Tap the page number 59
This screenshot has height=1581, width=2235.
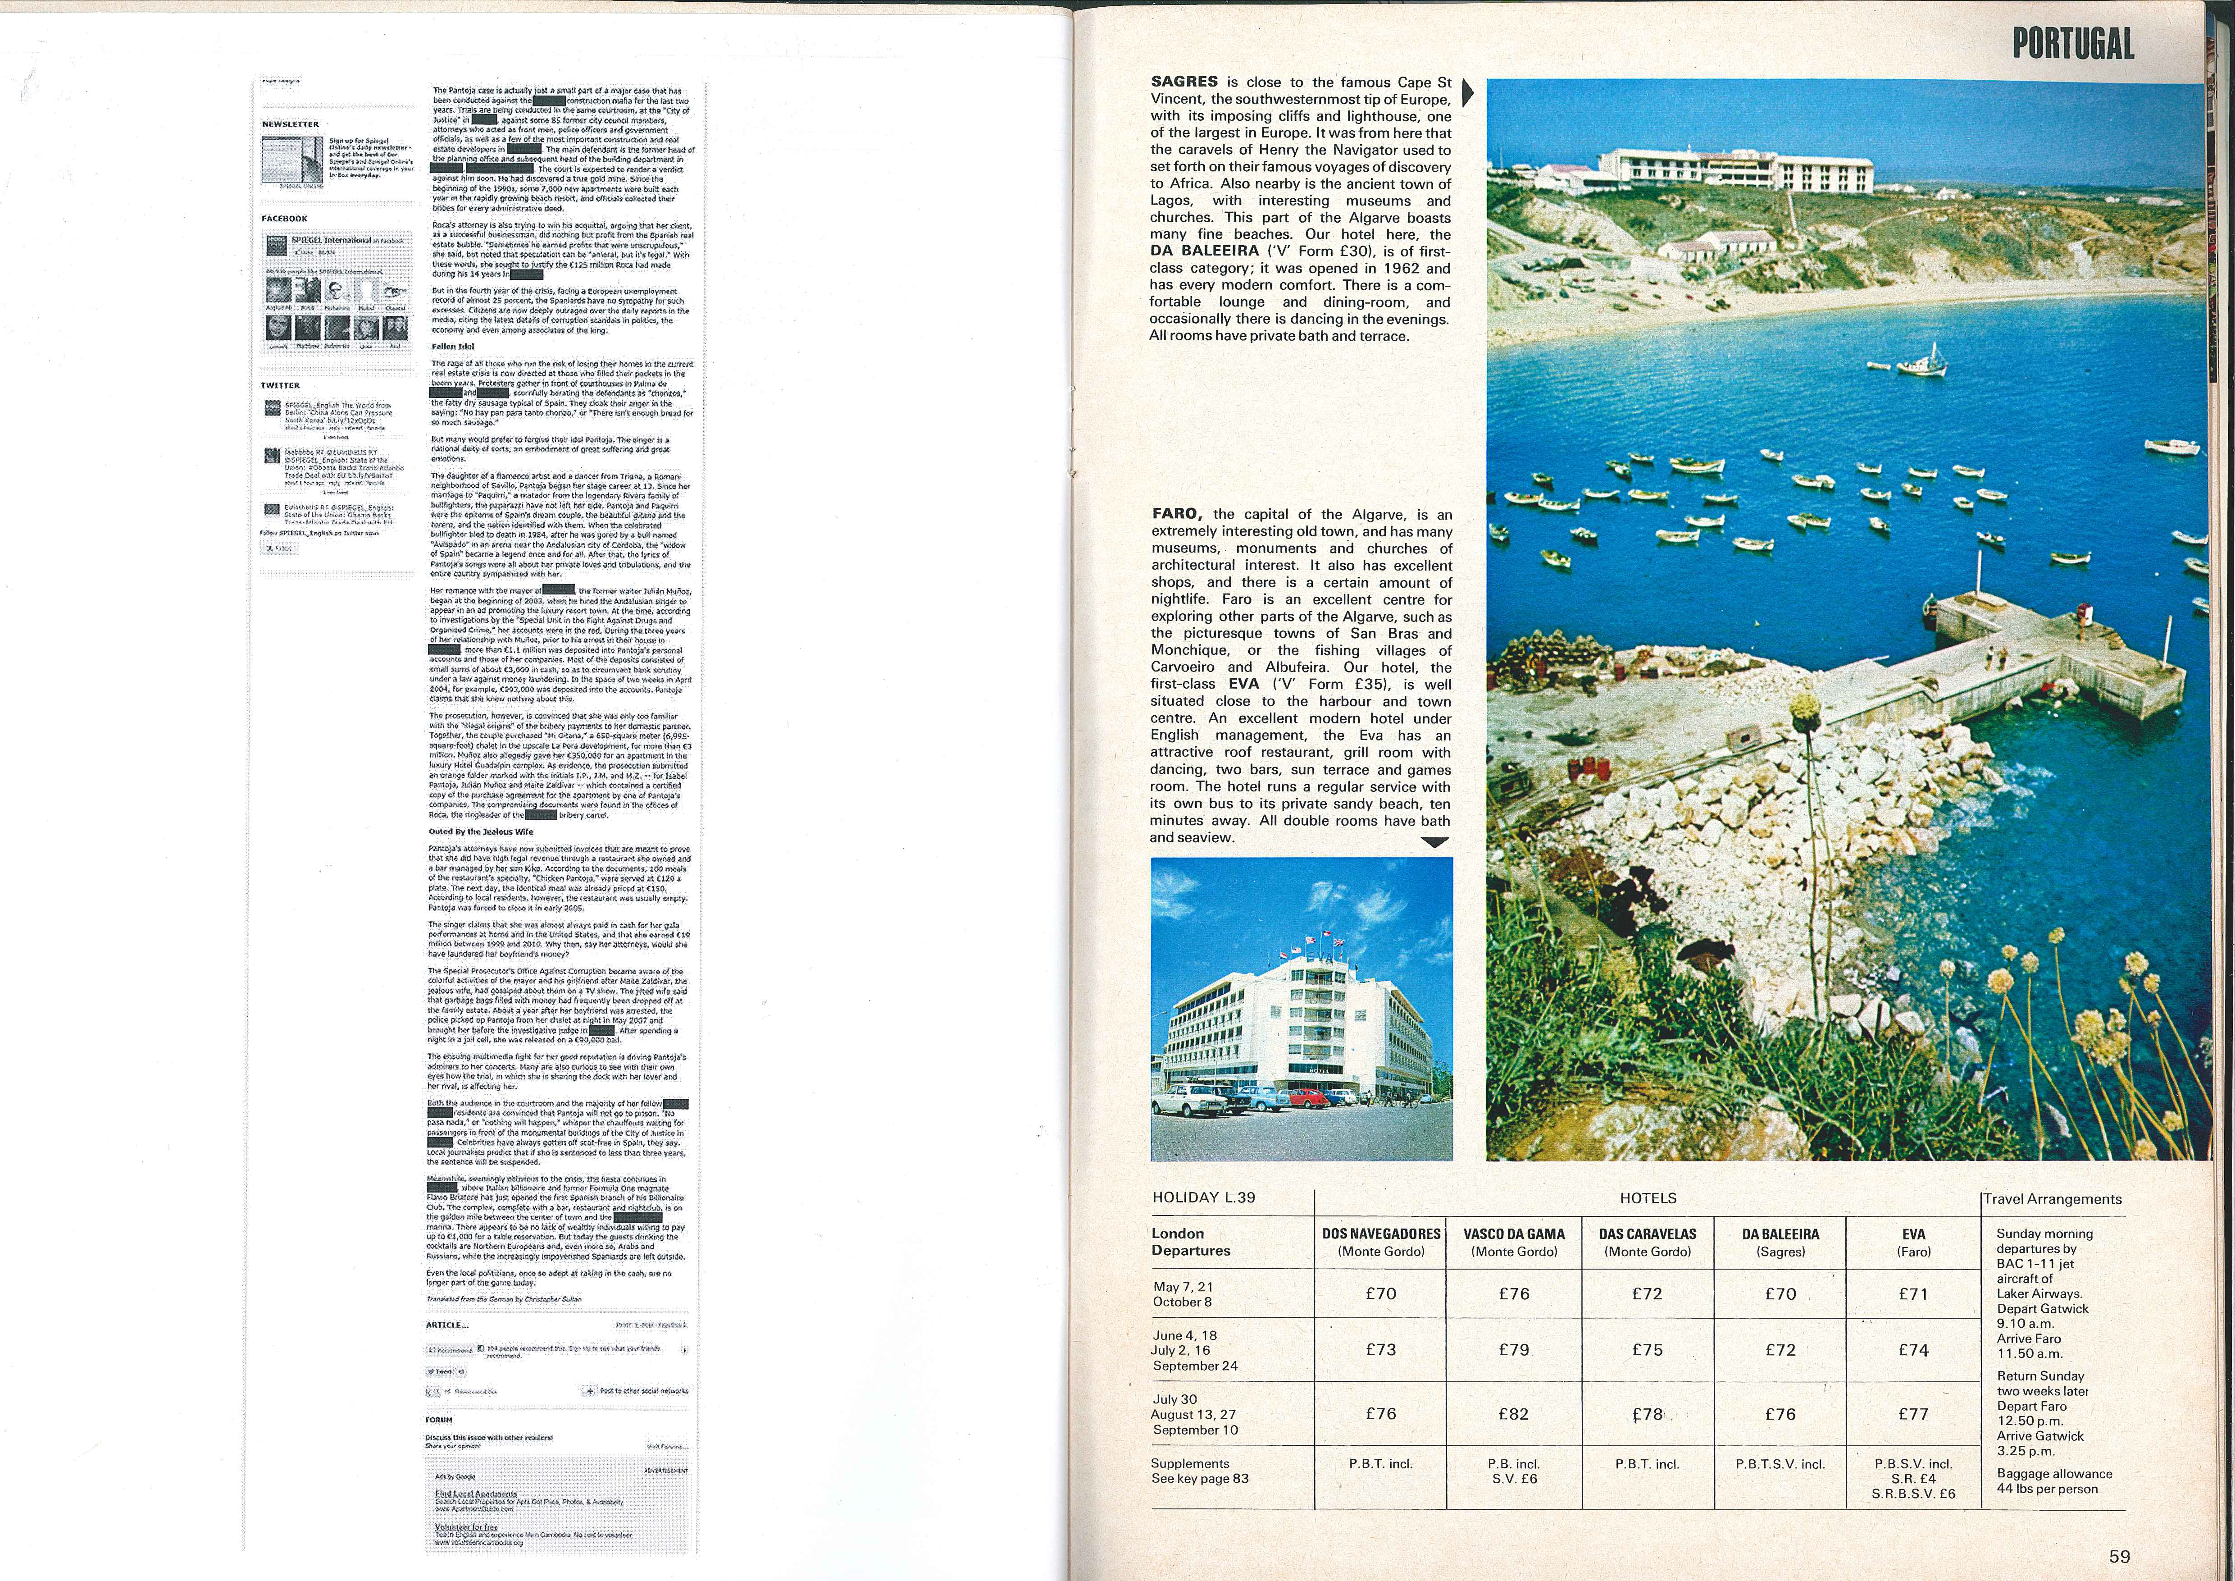pos(2119,1556)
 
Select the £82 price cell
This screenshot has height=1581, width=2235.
pos(1514,1413)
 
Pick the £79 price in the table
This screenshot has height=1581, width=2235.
pos(1514,1350)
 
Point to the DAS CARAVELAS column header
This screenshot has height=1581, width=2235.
pos(1647,1242)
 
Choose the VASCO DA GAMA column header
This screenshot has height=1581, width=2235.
pos(1514,1242)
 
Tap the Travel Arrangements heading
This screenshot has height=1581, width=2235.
pos(2052,1199)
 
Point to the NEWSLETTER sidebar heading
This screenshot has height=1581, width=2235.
pos(290,124)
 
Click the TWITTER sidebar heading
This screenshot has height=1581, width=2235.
pos(280,385)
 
